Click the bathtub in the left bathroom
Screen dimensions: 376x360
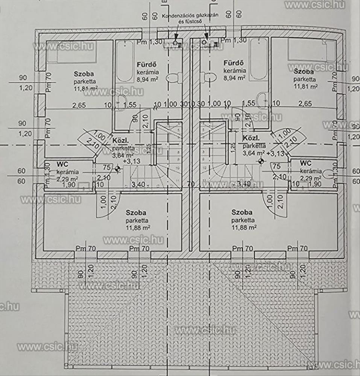click(x=124, y=61)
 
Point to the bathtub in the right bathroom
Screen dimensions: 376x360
click(x=259, y=60)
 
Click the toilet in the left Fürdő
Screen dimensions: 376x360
click(x=173, y=78)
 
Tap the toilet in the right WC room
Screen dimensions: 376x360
click(x=330, y=174)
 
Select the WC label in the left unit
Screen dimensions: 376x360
click(x=62, y=164)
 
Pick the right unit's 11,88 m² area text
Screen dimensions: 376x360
click(x=244, y=227)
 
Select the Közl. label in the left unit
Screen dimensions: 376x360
click(x=121, y=141)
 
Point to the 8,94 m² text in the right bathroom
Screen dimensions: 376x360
click(x=234, y=77)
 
